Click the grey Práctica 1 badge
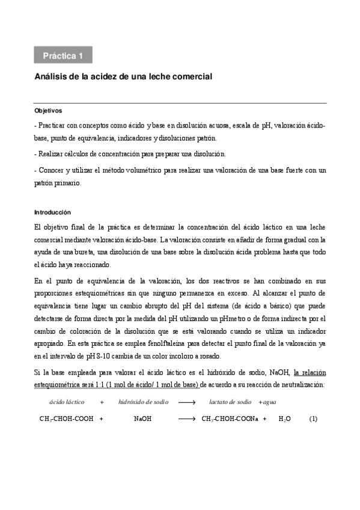pyautogui.click(x=63, y=56)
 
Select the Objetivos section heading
pyautogui.click(x=48, y=111)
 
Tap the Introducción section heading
pyautogui.click(x=52, y=212)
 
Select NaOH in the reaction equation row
pyautogui.click(x=143, y=419)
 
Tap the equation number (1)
pyautogui.click(x=313, y=419)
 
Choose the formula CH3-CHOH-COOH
pyautogui.click(x=63, y=419)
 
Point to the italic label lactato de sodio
pyautogui.click(x=231, y=401)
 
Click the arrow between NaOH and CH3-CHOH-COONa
pyautogui.click(x=188, y=419)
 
